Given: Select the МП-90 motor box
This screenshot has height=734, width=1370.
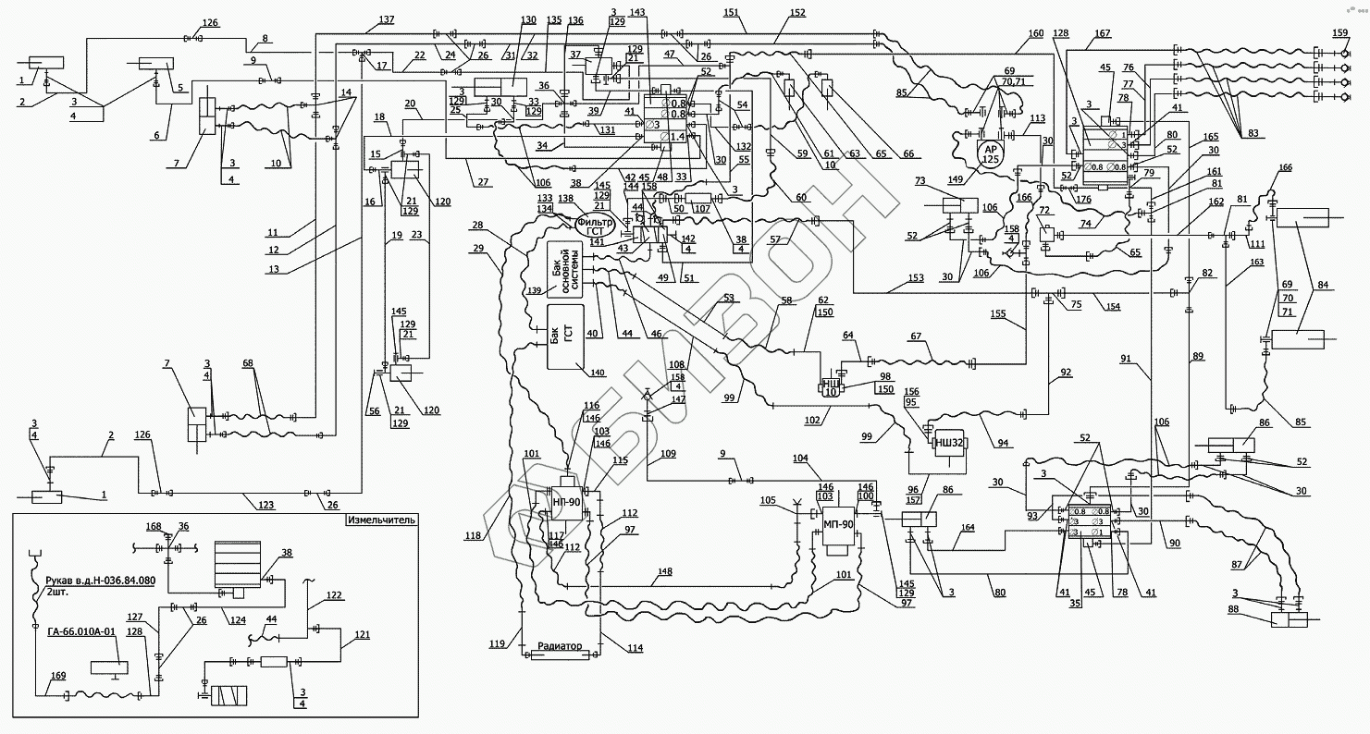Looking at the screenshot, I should [837, 530].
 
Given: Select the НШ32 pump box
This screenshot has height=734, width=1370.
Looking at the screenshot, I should [949, 444].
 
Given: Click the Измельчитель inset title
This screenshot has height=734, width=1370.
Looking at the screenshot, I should [381, 520].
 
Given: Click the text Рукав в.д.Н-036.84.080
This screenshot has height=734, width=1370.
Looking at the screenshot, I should [102, 581].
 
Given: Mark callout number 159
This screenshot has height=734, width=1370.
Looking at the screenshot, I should [1339, 34].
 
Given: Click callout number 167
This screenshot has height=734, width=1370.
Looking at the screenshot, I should [1102, 35].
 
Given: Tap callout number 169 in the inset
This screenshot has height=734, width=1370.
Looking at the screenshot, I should [58, 677].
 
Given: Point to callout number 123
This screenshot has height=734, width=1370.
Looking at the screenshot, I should [265, 505].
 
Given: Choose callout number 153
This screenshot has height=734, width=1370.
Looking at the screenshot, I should [914, 278].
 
